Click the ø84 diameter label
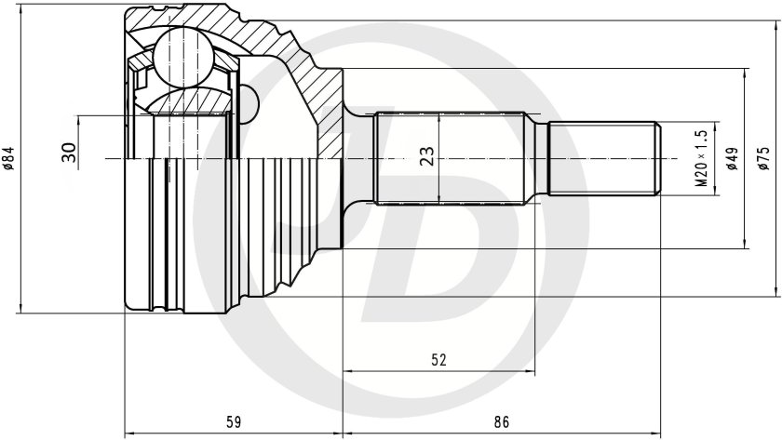tap(10, 159)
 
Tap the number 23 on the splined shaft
tap(425, 156)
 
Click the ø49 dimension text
tap(731, 159)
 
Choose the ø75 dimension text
tap(762, 159)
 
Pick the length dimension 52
tap(438, 359)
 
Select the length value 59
tap(233, 422)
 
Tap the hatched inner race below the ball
tap(186, 102)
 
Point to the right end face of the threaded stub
tap(660, 159)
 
